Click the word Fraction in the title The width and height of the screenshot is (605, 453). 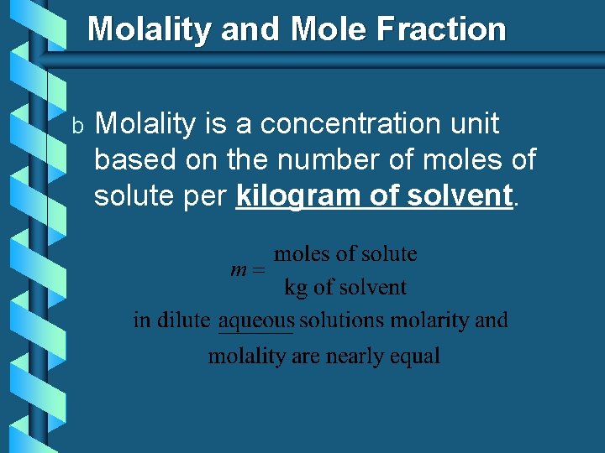(441, 29)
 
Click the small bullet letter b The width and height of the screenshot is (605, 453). (76, 126)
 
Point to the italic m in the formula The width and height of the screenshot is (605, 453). (238, 270)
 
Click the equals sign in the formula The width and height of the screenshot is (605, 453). (258, 271)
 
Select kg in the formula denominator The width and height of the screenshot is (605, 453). (296, 288)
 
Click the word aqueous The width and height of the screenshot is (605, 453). (256, 320)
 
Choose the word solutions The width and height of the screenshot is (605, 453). (341, 320)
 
